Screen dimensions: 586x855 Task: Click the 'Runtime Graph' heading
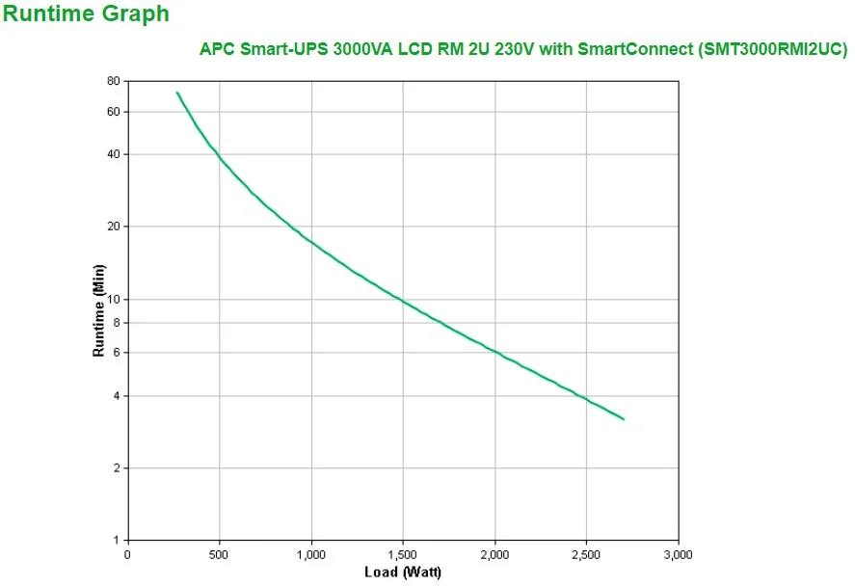point(86,14)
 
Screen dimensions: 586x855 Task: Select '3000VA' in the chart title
point(362,50)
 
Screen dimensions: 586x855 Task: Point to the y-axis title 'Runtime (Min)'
point(98,310)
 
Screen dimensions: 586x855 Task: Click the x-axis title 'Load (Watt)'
point(403,572)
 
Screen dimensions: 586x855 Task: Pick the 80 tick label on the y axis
point(113,81)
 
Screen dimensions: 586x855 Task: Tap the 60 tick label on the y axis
point(113,112)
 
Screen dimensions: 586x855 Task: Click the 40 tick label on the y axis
point(113,154)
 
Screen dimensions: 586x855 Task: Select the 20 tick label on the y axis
point(113,226)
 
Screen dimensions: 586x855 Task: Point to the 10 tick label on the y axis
point(113,299)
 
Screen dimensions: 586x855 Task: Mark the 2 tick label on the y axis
point(116,468)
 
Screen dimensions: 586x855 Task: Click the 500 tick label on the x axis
point(220,554)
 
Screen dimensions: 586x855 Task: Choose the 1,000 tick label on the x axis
point(311,554)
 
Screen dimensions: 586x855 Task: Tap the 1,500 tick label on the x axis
point(403,554)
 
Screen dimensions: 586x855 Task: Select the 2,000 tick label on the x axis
point(494,554)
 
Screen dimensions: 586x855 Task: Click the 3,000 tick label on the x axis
point(678,554)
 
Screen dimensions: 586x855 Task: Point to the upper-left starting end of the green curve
point(177,93)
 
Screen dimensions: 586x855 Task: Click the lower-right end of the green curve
point(624,419)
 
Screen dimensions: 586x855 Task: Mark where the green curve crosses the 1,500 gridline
point(403,302)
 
